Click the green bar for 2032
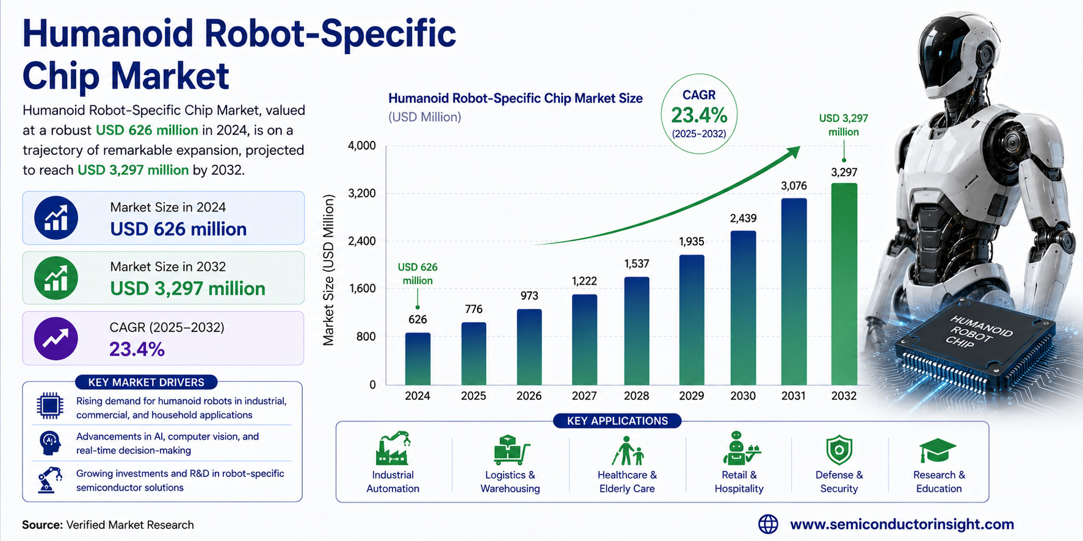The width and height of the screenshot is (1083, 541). tap(844, 284)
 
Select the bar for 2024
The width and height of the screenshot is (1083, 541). tap(418, 359)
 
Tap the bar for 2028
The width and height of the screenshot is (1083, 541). tap(636, 331)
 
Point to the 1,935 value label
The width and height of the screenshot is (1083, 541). tap(691, 242)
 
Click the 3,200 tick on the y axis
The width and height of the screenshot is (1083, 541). tap(361, 193)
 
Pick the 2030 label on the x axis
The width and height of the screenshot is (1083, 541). tap(743, 396)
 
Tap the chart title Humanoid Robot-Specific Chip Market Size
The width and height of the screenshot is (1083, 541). tap(515, 98)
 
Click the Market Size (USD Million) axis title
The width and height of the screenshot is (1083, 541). tap(328, 270)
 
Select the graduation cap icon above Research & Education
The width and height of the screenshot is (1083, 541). tap(938, 451)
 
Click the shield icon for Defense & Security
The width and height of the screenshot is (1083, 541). tap(839, 450)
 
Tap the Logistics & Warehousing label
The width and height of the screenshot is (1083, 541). tap(510, 482)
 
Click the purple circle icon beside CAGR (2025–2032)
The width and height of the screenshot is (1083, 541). tap(56, 338)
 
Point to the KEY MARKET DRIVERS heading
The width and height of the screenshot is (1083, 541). tap(146, 382)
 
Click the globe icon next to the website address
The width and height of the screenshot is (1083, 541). tap(768, 524)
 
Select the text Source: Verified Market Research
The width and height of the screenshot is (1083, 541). tap(108, 525)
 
